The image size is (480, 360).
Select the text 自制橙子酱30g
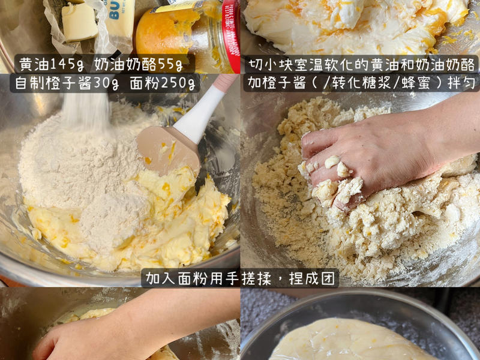pos(66,83)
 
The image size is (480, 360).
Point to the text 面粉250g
pos(161,83)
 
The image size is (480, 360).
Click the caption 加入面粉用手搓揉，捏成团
pos(240,278)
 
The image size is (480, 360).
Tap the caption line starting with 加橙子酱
pos(361,82)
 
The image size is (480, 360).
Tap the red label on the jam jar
pos(230,30)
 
